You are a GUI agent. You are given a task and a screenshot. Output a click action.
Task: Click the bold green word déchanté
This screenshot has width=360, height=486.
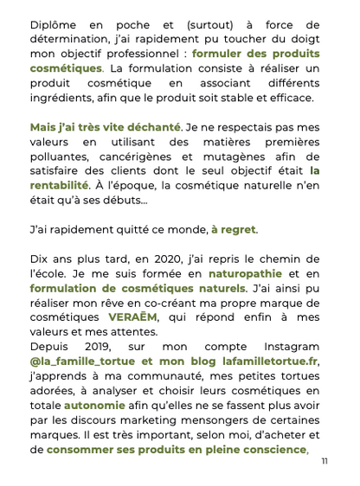[149, 127]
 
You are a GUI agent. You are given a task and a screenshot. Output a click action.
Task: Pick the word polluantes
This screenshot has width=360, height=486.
[62, 157]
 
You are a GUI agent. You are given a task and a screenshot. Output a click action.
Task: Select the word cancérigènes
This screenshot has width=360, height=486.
[150, 157]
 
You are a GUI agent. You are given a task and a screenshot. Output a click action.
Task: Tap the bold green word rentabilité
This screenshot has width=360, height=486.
[59, 185]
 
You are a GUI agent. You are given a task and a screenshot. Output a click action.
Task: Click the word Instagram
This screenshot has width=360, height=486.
[285, 345]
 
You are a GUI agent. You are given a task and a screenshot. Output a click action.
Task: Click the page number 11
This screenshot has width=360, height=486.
[324, 461]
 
